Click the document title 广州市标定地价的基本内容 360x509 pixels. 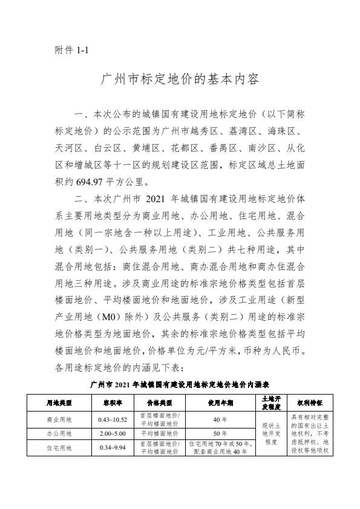180,79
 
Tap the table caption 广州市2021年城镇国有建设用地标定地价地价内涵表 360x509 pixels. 180,384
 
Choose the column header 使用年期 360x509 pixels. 220,402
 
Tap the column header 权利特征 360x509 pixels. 309,402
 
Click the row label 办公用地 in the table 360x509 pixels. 59,433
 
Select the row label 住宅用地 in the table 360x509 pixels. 59,448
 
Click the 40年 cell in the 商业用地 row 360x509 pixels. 220,419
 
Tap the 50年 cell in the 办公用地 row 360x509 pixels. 220,433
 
